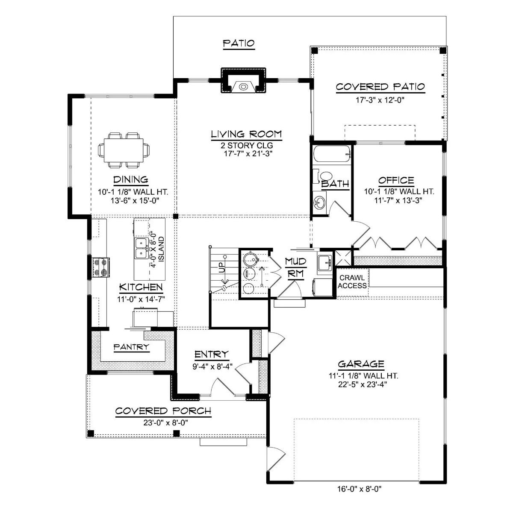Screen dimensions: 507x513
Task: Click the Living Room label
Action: tap(246, 134)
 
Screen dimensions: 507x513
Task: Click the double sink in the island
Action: tap(141, 248)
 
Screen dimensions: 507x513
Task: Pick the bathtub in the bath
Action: tap(332, 155)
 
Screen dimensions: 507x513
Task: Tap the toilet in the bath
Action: tap(326, 177)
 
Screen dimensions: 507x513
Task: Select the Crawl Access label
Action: tap(352, 282)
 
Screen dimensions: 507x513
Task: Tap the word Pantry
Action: tap(131, 347)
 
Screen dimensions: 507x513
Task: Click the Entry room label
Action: tap(211, 354)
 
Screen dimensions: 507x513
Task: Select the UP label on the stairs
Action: tap(221, 268)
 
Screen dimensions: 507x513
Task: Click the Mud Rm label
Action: tap(295, 267)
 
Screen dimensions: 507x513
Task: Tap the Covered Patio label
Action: tap(380, 87)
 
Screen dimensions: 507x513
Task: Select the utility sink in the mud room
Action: tap(325, 262)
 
